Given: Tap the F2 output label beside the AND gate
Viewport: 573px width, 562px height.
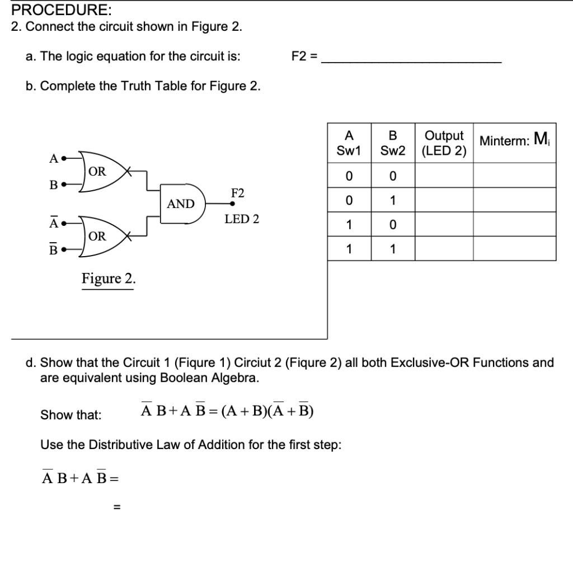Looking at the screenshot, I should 238,193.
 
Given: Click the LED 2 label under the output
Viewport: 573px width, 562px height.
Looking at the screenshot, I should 242,219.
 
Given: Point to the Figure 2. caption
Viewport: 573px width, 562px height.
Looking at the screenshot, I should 109,278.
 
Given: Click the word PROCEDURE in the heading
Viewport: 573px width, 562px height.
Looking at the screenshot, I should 54,10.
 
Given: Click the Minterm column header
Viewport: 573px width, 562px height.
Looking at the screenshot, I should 514,139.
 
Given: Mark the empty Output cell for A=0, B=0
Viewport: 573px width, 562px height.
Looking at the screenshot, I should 444,176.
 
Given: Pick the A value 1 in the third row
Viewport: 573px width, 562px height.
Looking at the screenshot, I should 349,225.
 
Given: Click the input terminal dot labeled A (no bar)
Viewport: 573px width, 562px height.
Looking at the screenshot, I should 64,158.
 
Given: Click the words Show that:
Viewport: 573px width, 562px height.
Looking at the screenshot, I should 71,415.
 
